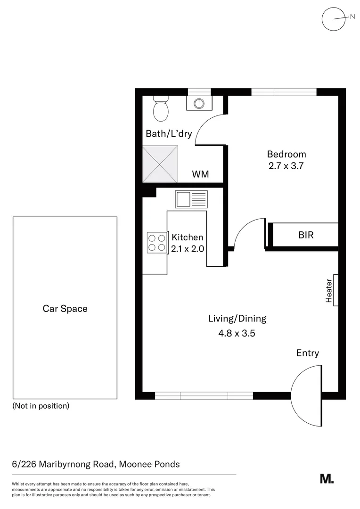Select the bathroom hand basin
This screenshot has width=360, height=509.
199,102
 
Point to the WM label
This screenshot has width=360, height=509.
200,174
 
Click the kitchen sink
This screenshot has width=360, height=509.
191,199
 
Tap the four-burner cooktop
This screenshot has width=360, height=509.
157,242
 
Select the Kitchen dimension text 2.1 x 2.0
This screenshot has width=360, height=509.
188,249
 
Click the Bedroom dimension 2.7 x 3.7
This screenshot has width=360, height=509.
286,166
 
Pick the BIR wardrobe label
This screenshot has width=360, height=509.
306,235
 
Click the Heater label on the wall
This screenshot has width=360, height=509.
329,290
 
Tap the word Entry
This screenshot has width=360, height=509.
307,353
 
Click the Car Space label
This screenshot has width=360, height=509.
65,309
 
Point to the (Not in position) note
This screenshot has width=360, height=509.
41,406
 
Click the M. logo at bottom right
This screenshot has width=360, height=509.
327,479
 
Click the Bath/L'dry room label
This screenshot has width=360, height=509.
169,134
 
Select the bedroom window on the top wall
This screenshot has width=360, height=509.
284,92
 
